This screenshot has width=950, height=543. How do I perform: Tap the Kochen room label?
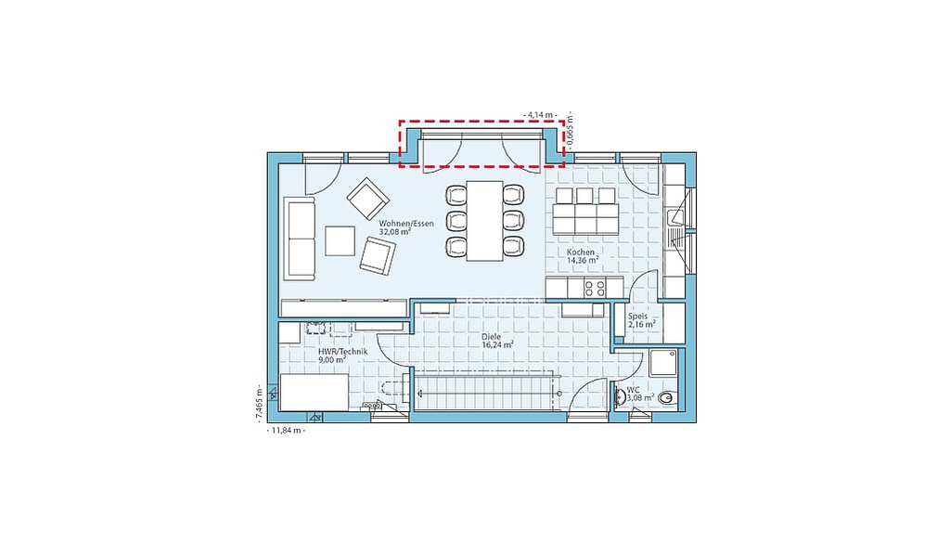click(581, 252)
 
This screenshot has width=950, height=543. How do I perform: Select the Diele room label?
click(492, 336)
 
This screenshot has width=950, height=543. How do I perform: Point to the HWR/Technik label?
click(343, 352)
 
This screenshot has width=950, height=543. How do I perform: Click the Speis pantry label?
click(637, 317)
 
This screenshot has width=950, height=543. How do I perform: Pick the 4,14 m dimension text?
click(541, 114)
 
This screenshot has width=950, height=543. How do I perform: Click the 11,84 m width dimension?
click(286, 431)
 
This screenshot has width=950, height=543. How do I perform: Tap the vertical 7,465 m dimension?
click(259, 403)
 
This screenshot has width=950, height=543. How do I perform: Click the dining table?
click(484, 221)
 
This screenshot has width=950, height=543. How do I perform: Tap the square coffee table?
click(340, 241)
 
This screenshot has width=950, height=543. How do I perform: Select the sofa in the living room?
click(300, 239)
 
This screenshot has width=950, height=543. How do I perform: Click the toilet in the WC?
click(666, 397)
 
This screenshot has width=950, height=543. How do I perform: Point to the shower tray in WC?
click(662, 363)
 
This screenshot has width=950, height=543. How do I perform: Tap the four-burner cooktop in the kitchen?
click(595, 288)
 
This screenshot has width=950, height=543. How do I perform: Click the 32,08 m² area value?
click(395, 231)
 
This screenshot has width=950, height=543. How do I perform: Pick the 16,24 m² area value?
click(498, 344)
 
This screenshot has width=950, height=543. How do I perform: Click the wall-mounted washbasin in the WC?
click(620, 397)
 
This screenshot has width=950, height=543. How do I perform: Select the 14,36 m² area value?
click(583, 260)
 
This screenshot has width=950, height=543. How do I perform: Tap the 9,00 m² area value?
click(332, 359)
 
